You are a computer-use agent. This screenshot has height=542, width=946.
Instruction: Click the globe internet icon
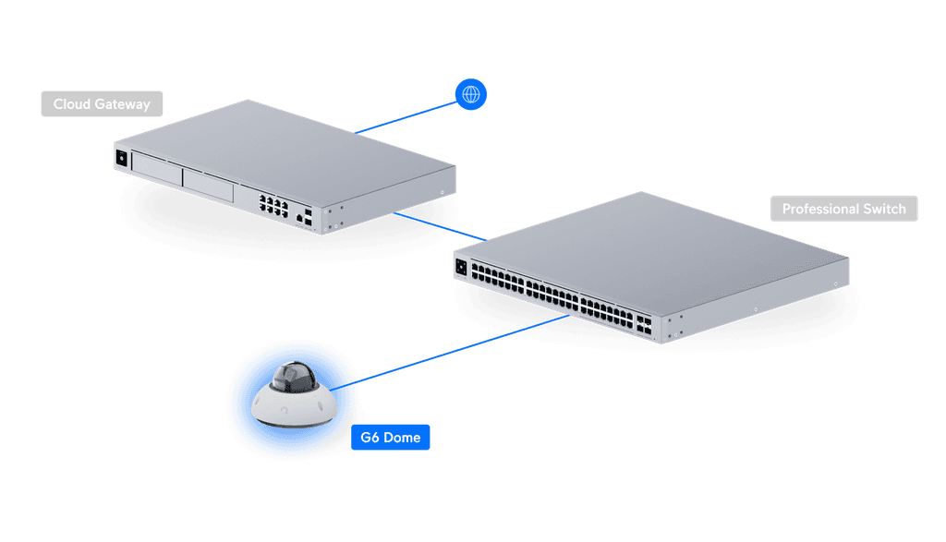pyautogui.click(x=471, y=93)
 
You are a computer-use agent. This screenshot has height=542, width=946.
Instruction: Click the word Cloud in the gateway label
pyautogui.click(x=70, y=104)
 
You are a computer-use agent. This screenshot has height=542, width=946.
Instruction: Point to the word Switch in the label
pyautogui.click(x=885, y=209)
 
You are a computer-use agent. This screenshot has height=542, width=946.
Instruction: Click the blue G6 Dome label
pyautogui.click(x=391, y=438)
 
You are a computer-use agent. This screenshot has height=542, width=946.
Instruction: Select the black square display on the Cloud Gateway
pyautogui.click(x=121, y=157)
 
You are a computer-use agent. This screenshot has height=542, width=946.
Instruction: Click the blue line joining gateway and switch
pyautogui.click(x=440, y=227)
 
